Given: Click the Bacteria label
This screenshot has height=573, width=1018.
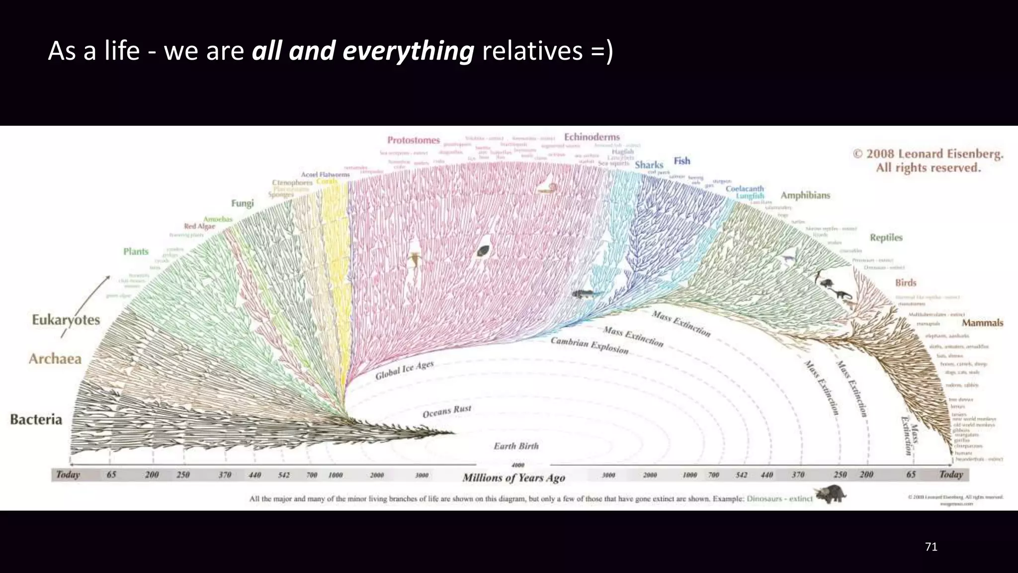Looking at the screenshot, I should tap(36, 419).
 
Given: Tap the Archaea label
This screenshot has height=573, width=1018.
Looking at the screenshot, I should tap(55, 359).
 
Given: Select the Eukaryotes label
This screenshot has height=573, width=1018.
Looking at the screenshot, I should tap(66, 320).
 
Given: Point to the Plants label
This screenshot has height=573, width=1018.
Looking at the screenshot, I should tap(136, 252).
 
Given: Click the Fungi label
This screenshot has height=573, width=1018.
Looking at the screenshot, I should tap(242, 203).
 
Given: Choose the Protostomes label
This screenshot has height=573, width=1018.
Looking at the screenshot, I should tap(414, 140).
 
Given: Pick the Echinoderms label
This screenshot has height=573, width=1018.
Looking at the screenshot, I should tap(592, 137).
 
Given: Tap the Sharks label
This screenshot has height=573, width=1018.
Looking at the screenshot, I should tap(649, 165).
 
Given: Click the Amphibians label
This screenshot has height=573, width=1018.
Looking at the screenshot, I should tap(805, 195).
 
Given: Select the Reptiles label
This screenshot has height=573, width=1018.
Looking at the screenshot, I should tap(886, 237).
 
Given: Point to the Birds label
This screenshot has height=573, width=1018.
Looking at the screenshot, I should tap(905, 283).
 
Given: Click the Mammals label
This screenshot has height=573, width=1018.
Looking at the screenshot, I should tap(982, 323).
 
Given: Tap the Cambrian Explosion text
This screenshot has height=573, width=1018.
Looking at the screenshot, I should tap(590, 346).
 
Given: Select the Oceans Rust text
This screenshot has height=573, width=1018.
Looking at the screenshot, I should tap(446, 411).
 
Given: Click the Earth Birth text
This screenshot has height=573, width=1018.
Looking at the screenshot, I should tap(516, 446).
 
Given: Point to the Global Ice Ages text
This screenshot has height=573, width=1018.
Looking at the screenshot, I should tap(404, 370).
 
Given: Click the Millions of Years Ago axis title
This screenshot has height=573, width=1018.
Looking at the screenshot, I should tap(513, 478).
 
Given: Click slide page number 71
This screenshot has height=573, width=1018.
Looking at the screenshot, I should tap(931, 547).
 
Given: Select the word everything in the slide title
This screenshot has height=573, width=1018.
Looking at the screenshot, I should tap(408, 51).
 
